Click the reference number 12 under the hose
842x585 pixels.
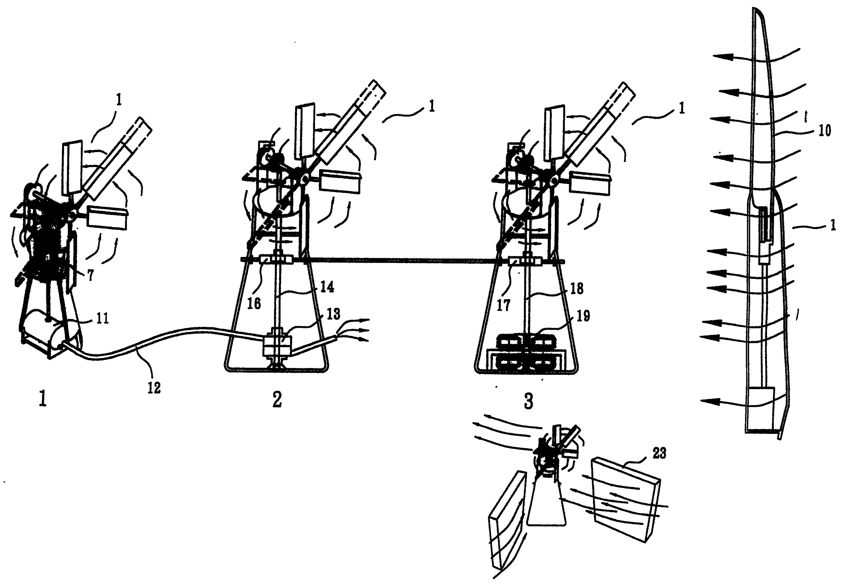(x=154, y=387)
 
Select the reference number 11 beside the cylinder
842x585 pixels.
(x=102, y=318)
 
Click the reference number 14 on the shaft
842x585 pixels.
(x=327, y=287)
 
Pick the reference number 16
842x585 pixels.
(x=254, y=303)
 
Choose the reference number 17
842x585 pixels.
(x=504, y=305)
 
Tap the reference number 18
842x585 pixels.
(x=576, y=288)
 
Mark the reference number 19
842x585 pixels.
(x=583, y=315)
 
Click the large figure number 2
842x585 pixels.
(x=277, y=400)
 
